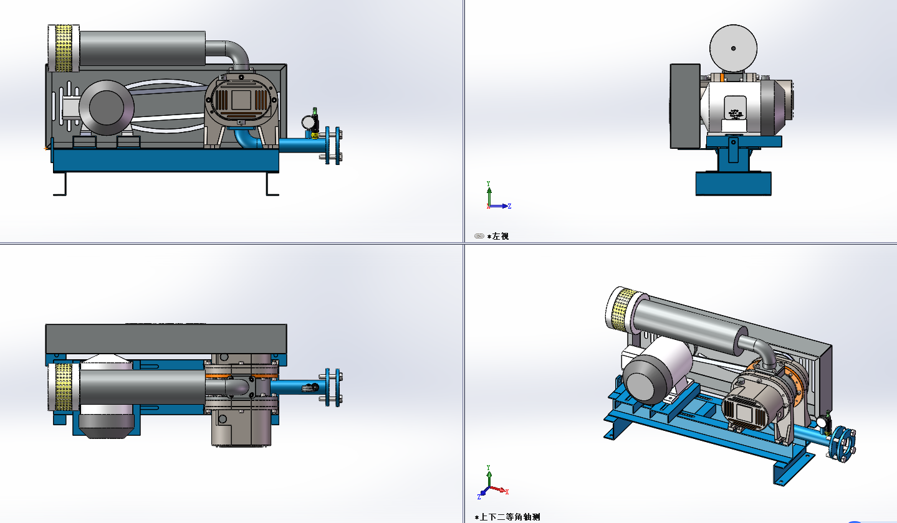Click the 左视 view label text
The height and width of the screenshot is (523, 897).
(x=500, y=237)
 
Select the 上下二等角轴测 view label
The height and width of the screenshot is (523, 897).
(x=510, y=517)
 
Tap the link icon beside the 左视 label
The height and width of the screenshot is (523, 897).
(x=479, y=236)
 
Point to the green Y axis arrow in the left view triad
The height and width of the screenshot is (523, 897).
(x=489, y=193)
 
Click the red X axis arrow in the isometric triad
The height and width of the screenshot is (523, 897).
(x=499, y=489)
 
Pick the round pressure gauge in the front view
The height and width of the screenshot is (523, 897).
(x=309, y=122)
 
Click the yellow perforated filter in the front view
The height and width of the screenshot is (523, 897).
(x=64, y=48)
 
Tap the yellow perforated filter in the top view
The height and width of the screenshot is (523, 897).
(x=64, y=387)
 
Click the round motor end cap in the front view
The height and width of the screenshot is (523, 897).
(x=107, y=108)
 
